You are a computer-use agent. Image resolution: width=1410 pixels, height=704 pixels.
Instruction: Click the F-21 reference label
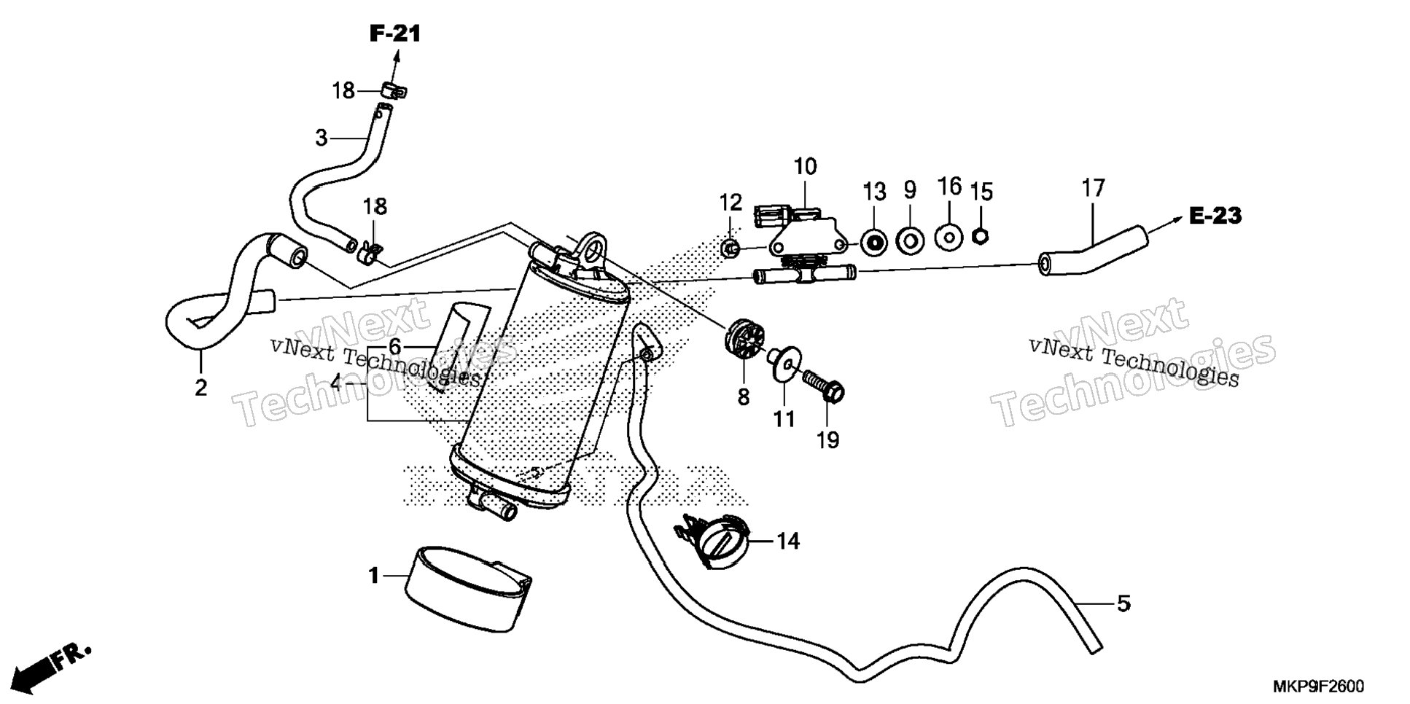pyautogui.click(x=395, y=34)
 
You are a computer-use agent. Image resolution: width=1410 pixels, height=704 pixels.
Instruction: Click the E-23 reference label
pyautogui.click(x=1215, y=216)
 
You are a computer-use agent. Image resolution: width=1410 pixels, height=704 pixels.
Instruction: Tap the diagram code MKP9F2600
pyautogui.click(x=1318, y=687)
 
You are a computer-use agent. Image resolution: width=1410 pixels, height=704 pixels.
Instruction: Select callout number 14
pyautogui.click(x=787, y=541)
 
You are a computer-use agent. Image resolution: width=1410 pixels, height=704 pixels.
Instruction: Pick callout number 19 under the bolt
pyautogui.click(x=828, y=440)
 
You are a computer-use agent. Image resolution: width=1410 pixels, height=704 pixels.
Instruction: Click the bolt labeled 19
pyautogui.click(x=822, y=385)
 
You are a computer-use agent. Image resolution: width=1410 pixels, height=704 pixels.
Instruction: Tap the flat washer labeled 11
pyautogui.click(x=783, y=364)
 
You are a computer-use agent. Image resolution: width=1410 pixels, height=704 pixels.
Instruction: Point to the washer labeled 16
pyautogui.click(x=948, y=237)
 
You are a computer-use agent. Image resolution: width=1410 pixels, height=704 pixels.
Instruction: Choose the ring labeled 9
pyautogui.click(x=909, y=238)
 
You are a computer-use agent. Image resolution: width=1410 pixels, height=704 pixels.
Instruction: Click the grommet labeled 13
pyautogui.click(x=873, y=240)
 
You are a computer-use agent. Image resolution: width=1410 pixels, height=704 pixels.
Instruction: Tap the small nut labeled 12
pyautogui.click(x=728, y=249)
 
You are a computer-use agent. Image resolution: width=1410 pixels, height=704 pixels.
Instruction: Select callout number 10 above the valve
pyautogui.click(x=806, y=167)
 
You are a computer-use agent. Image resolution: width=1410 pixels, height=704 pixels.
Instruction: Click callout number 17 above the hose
pyautogui.click(x=1094, y=188)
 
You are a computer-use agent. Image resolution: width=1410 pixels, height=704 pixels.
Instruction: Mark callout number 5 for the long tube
pyautogui.click(x=1123, y=604)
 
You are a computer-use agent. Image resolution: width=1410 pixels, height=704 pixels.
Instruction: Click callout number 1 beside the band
pyautogui.click(x=374, y=576)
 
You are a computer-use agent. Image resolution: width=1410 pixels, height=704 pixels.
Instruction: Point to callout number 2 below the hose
pyautogui.click(x=200, y=388)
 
